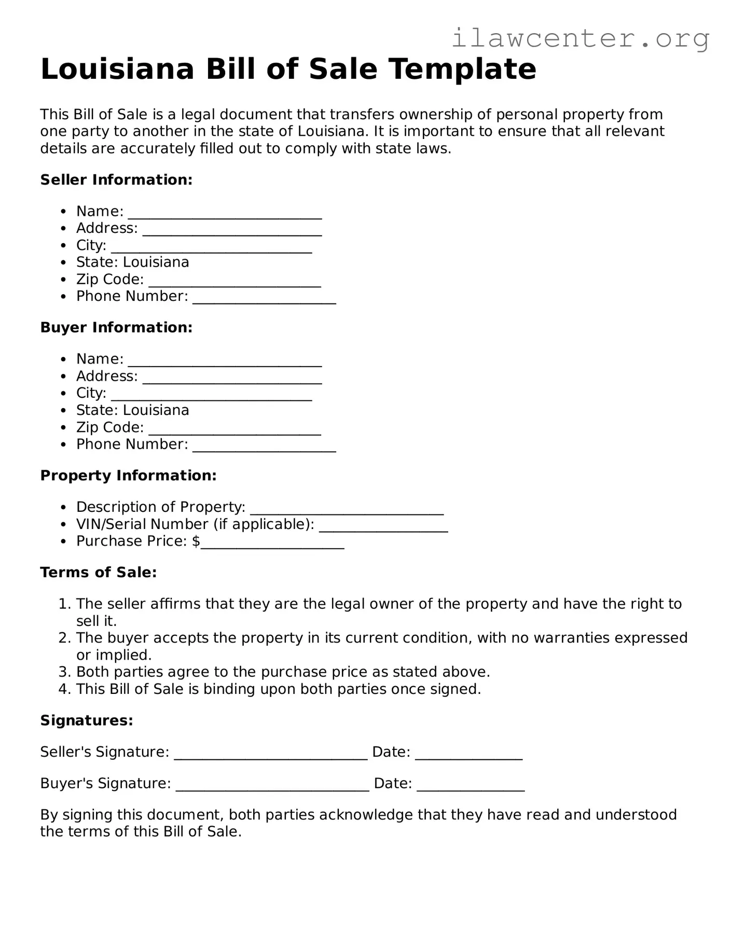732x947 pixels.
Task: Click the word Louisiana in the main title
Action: (x=117, y=69)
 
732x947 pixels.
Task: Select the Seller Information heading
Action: (x=116, y=180)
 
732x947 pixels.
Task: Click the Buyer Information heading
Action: (x=116, y=328)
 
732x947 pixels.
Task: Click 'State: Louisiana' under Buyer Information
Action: (x=132, y=410)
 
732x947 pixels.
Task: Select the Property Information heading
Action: (x=128, y=476)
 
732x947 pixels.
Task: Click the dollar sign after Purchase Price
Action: (x=196, y=541)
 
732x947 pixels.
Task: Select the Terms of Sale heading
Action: (x=98, y=573)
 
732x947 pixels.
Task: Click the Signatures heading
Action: (x=87, y=720)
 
